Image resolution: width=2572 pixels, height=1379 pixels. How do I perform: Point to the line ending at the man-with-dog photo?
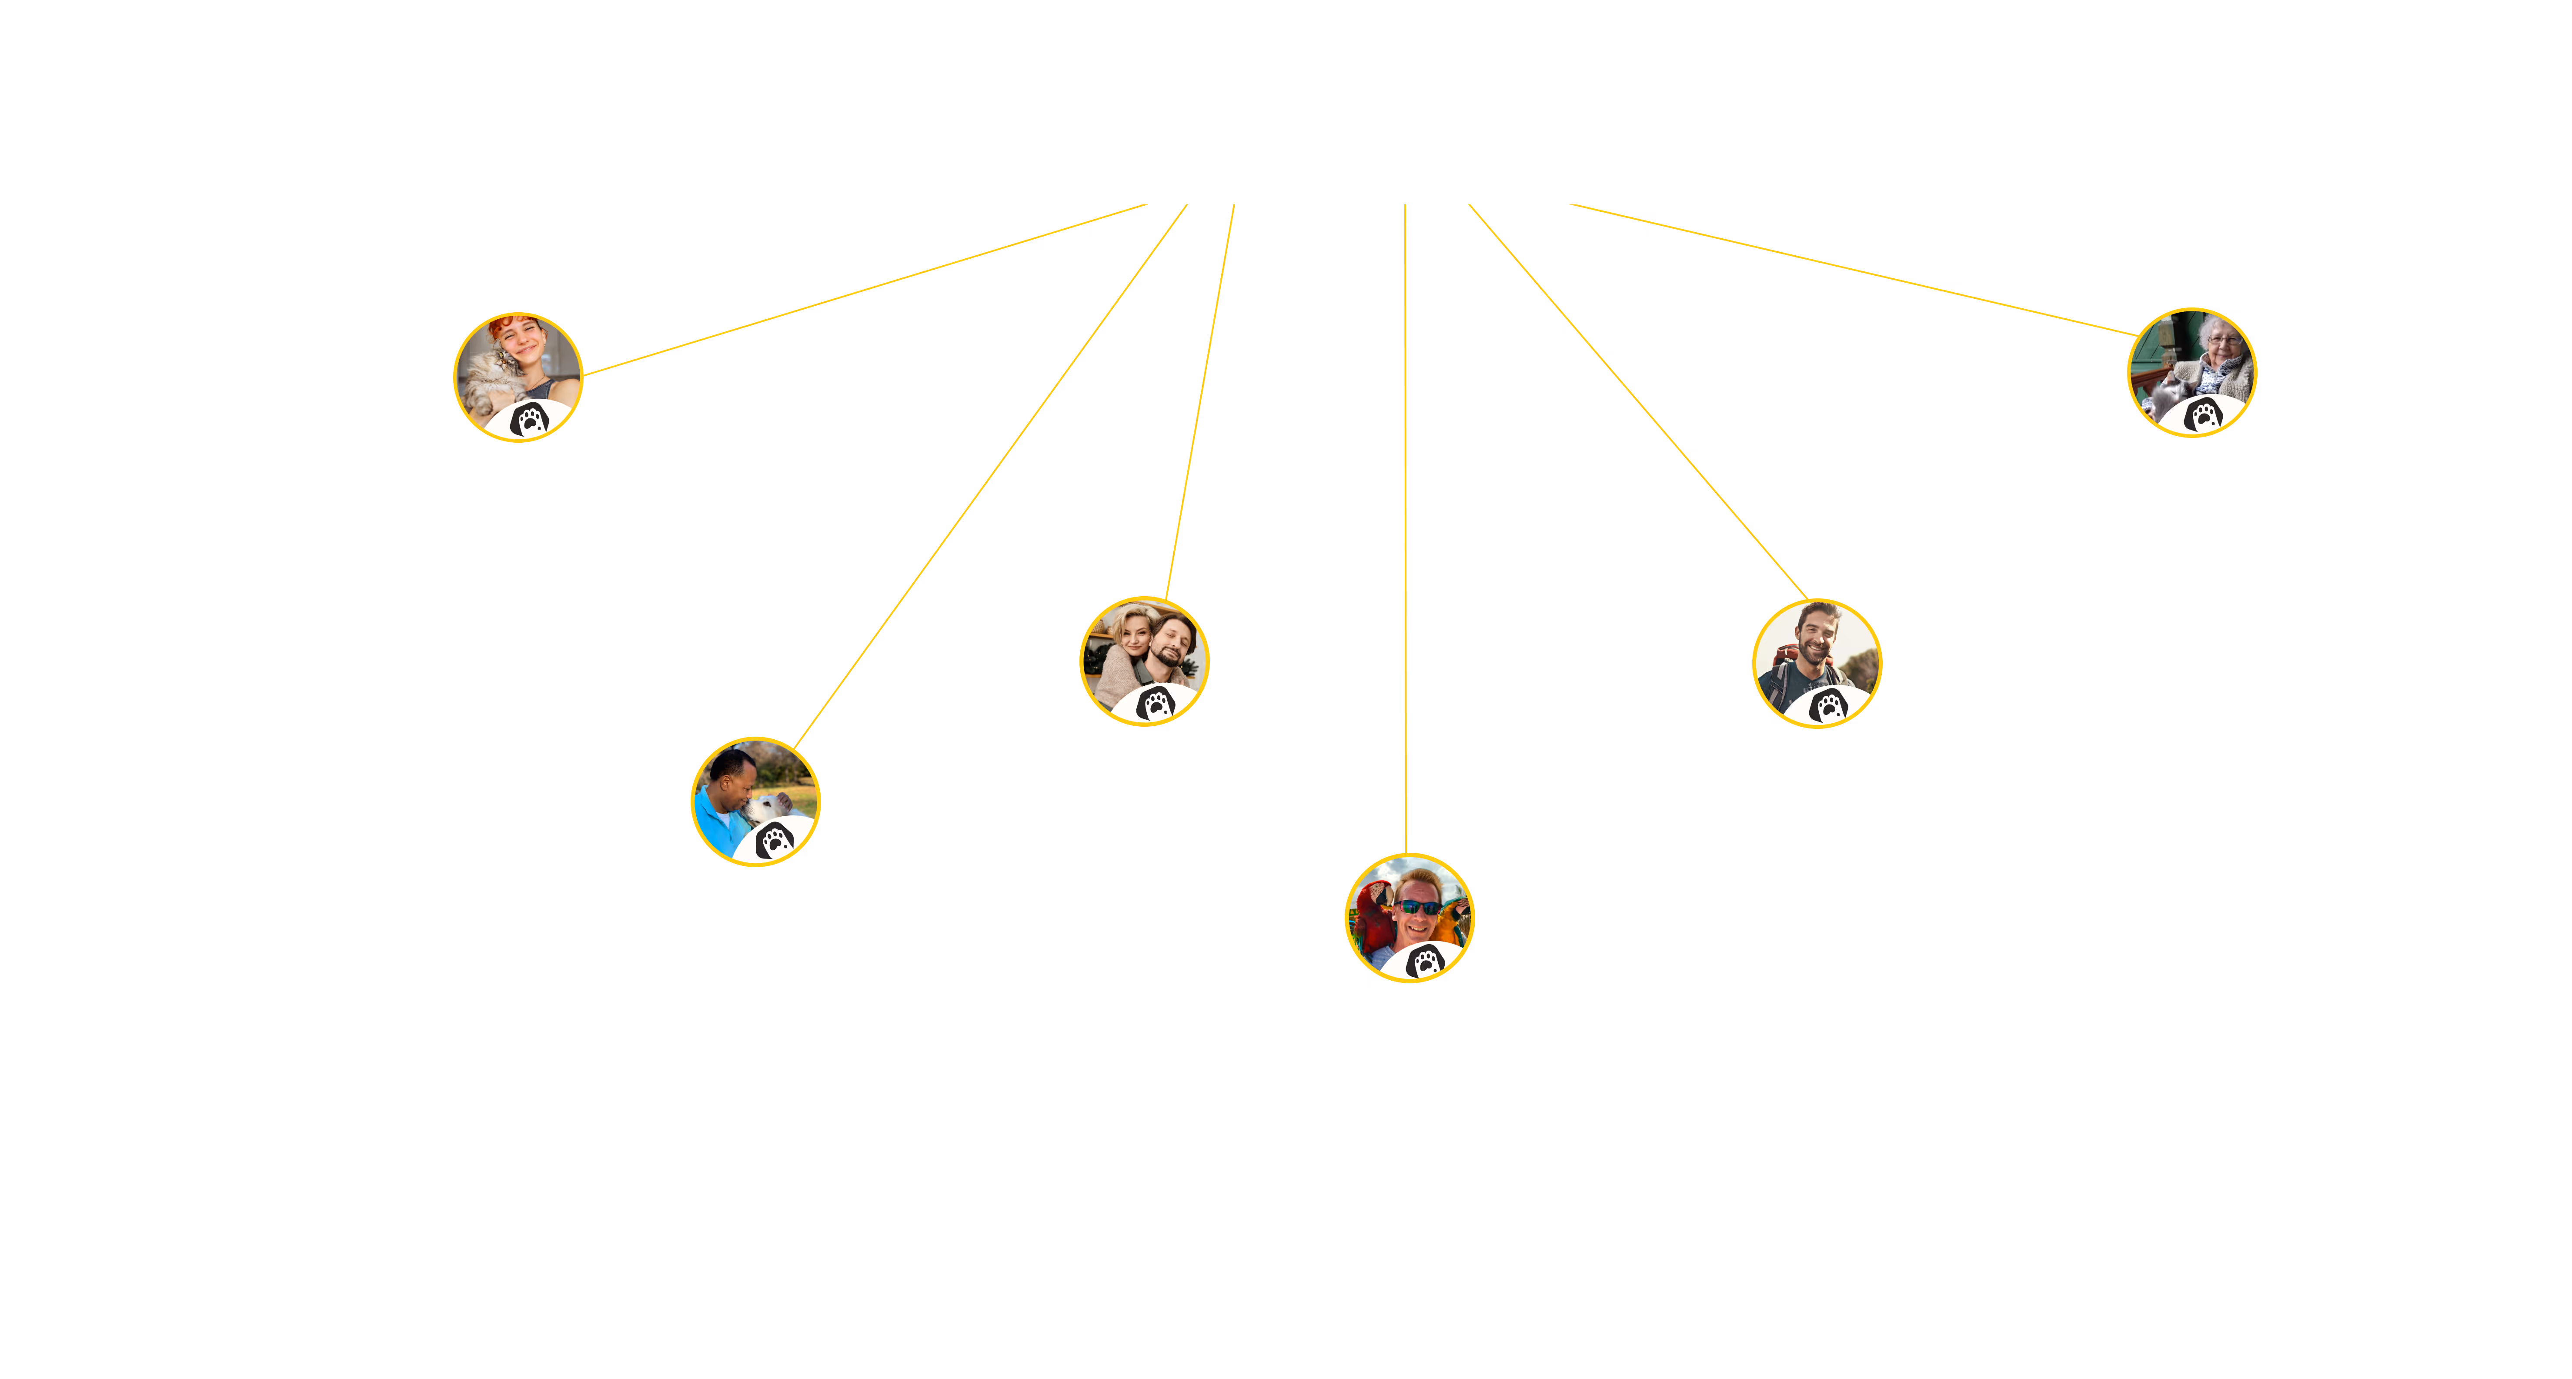[x=989, y=477]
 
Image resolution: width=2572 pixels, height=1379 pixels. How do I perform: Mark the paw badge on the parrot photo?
[x=1426, y=962]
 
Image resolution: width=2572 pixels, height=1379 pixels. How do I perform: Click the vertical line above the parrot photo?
[x=1406, y=519]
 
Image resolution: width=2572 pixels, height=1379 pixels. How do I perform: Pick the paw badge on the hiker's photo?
[x=1829, y=706]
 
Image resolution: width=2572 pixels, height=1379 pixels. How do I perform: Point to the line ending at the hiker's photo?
[x=1637, y=402]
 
